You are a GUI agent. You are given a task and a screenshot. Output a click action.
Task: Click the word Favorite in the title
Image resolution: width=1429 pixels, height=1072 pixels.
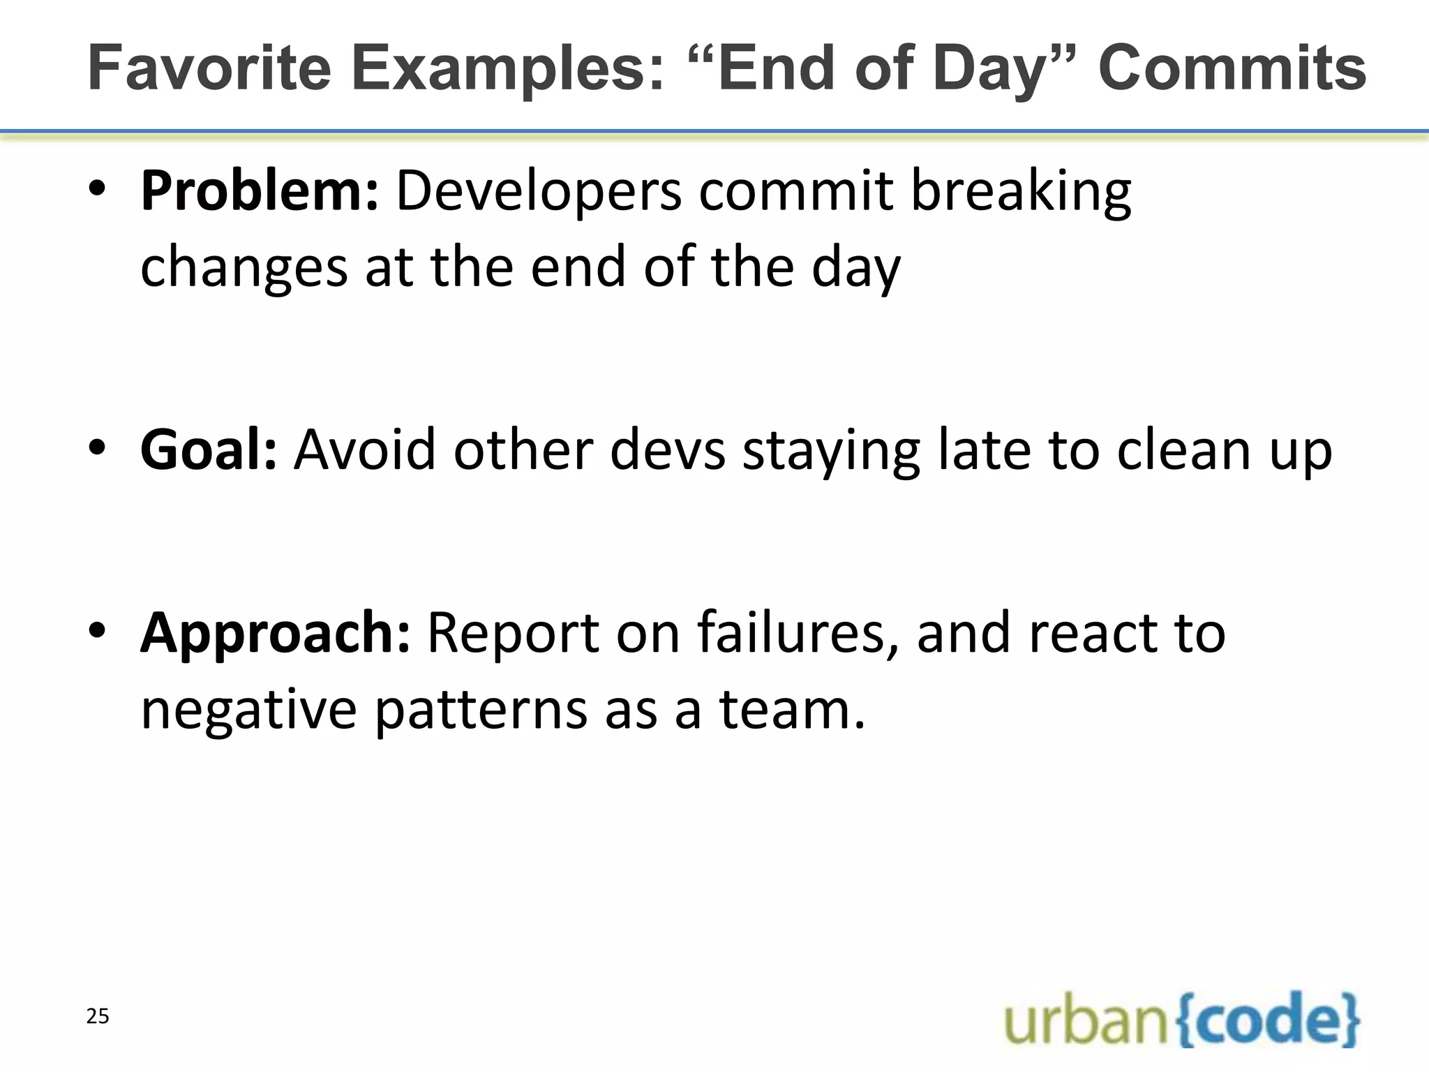pyautogui.click(x=209, y=68)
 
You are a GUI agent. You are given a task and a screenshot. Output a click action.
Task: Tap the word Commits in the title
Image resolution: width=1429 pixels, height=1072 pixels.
pyautogui.click(x=1232, y=68)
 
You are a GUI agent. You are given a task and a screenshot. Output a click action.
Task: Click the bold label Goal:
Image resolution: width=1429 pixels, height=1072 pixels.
pyautogui.click(x=209, y=450)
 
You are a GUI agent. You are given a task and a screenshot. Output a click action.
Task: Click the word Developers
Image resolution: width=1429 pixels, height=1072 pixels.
pyautogui.click(x=539, y=191)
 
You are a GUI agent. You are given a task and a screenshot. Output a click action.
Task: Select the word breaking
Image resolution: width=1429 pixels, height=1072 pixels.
pyautogui.click(x=1021, y=191)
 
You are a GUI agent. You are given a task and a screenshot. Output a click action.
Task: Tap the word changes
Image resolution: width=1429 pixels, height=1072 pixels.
pyautogui.click(x=244, y=269)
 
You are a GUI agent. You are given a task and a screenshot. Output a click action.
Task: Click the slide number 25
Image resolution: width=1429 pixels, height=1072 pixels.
pyautogui.click(x=98, y=1017)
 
